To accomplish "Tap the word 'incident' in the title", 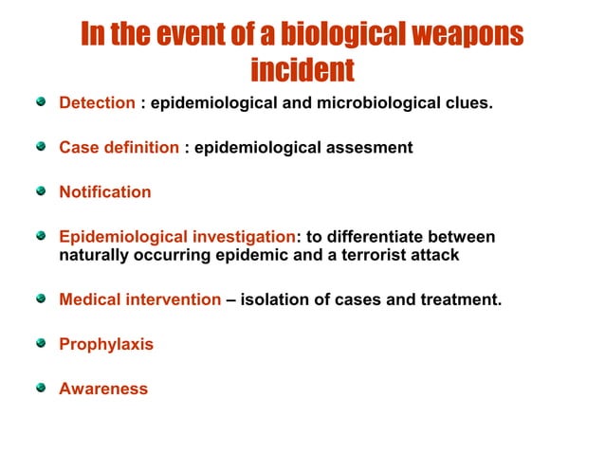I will [x=302, y=69].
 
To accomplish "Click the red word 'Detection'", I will [x=97, y=102].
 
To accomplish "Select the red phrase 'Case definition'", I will [x=119, y=148].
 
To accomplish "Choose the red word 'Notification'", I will [x=104, y=192].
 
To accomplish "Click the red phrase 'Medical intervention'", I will [x=139, y=299].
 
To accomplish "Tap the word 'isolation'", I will [x=274, y=299].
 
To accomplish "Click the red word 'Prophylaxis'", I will [x=105, y=344].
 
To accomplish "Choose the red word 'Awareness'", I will [x=103, y=389].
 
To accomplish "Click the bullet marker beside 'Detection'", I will [x=40, y=101].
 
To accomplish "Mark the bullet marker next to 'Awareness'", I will [x=40, y=388].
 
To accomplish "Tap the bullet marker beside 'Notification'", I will [x=40, y=191].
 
